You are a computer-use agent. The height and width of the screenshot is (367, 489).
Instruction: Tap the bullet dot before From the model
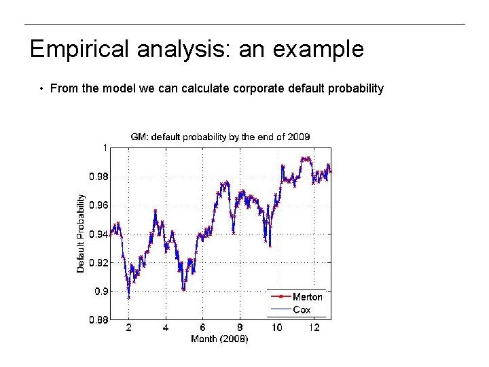click(x=41, y=89)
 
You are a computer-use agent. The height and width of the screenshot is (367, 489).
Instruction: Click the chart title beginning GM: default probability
click(x=220, y=137)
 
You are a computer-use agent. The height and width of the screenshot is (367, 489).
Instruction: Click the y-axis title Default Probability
click(x=81, y=234)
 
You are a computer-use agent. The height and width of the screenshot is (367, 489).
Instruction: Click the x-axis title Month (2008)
click(x=219, y=338)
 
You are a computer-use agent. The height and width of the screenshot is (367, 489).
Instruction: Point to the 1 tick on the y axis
click(x=104, y=147)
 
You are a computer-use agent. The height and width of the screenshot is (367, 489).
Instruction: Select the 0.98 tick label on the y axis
click(x=98, y=176)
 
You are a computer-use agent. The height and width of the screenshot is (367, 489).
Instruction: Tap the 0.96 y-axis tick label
click(x=98, y=205)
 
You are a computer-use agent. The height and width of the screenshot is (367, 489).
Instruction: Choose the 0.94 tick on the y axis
click(x=98, y=234)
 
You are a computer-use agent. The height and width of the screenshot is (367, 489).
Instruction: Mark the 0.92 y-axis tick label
click(x=98, y=262)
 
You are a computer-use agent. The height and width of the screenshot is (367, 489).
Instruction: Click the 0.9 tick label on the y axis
click(x=101, y=291)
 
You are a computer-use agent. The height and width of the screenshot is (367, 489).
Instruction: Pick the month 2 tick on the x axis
click(x=129, y=328)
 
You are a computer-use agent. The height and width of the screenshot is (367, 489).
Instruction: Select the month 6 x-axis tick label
click(x=202, y=328)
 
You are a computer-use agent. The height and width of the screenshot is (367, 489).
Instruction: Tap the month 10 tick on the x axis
click(x=276, y=328)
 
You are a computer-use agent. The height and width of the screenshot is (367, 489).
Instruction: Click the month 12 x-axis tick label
click(x=313, y=328)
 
